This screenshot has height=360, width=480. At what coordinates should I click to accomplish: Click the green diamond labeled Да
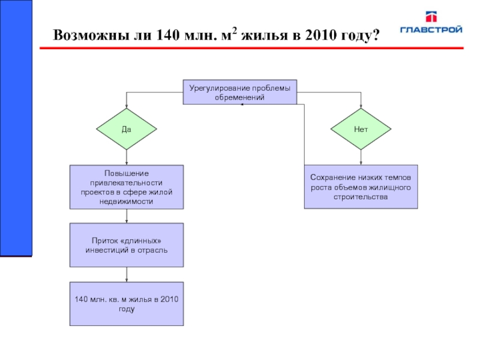[x=127, y=129]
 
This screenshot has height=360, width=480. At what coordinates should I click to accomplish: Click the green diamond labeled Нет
[x=361, y=129]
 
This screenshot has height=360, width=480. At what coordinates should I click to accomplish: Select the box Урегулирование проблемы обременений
[x=239, y=92]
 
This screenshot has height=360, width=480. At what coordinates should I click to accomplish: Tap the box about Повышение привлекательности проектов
[x=127, y=187]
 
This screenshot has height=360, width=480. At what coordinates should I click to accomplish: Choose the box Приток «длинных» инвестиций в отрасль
[x=127, y=245]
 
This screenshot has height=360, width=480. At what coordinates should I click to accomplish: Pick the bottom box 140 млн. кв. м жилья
[x=127, y=304]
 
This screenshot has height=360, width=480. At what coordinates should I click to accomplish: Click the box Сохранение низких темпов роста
[x=361, y=187]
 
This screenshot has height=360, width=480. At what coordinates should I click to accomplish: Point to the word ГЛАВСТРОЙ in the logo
[x=431, y=29]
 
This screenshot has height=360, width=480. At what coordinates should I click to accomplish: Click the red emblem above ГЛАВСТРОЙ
[x=431, y=17]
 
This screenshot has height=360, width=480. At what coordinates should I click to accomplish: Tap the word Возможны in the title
[x=91, y=35]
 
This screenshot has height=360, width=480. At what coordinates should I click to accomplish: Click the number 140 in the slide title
[x=168, y=35]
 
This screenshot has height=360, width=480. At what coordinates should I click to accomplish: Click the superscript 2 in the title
[x=234, y=31]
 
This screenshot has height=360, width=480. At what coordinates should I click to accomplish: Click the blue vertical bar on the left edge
[x=16, y=128]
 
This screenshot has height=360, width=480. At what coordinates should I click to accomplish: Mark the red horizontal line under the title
[x=251, y=48]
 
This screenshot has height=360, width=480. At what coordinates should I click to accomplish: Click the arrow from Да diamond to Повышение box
[x=127, y=157]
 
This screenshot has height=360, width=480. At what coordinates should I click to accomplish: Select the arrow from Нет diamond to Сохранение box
[x=361, y=157]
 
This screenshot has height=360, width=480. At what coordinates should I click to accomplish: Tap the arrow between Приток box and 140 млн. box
[x=127, y=275]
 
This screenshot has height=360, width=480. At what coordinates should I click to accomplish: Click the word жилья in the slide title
[x=265, y=35]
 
